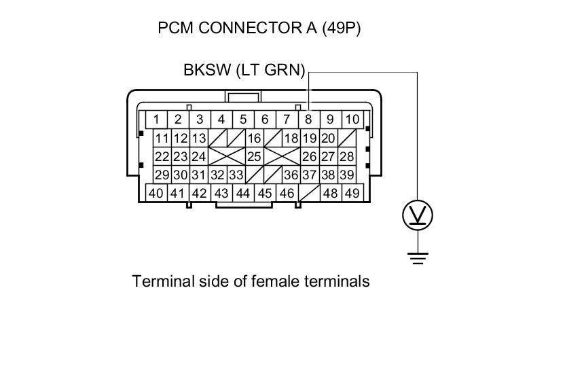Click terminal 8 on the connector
click(308, 120)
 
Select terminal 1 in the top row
click(156, 120)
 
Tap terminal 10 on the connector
click(352, 120)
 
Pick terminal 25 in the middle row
click(254, 156)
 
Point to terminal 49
click(352, 193)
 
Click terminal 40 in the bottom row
click(156, 193)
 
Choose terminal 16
click(254, 139)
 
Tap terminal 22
click(162, 156)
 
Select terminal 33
click(235, 175)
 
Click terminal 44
click(243, 193)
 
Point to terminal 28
click(346, 156)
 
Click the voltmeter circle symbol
click(418, 215)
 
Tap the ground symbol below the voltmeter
click(418, 257)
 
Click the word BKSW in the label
click(204, 70)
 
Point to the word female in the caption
click(270, 281)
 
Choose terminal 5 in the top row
click(243, 120)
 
